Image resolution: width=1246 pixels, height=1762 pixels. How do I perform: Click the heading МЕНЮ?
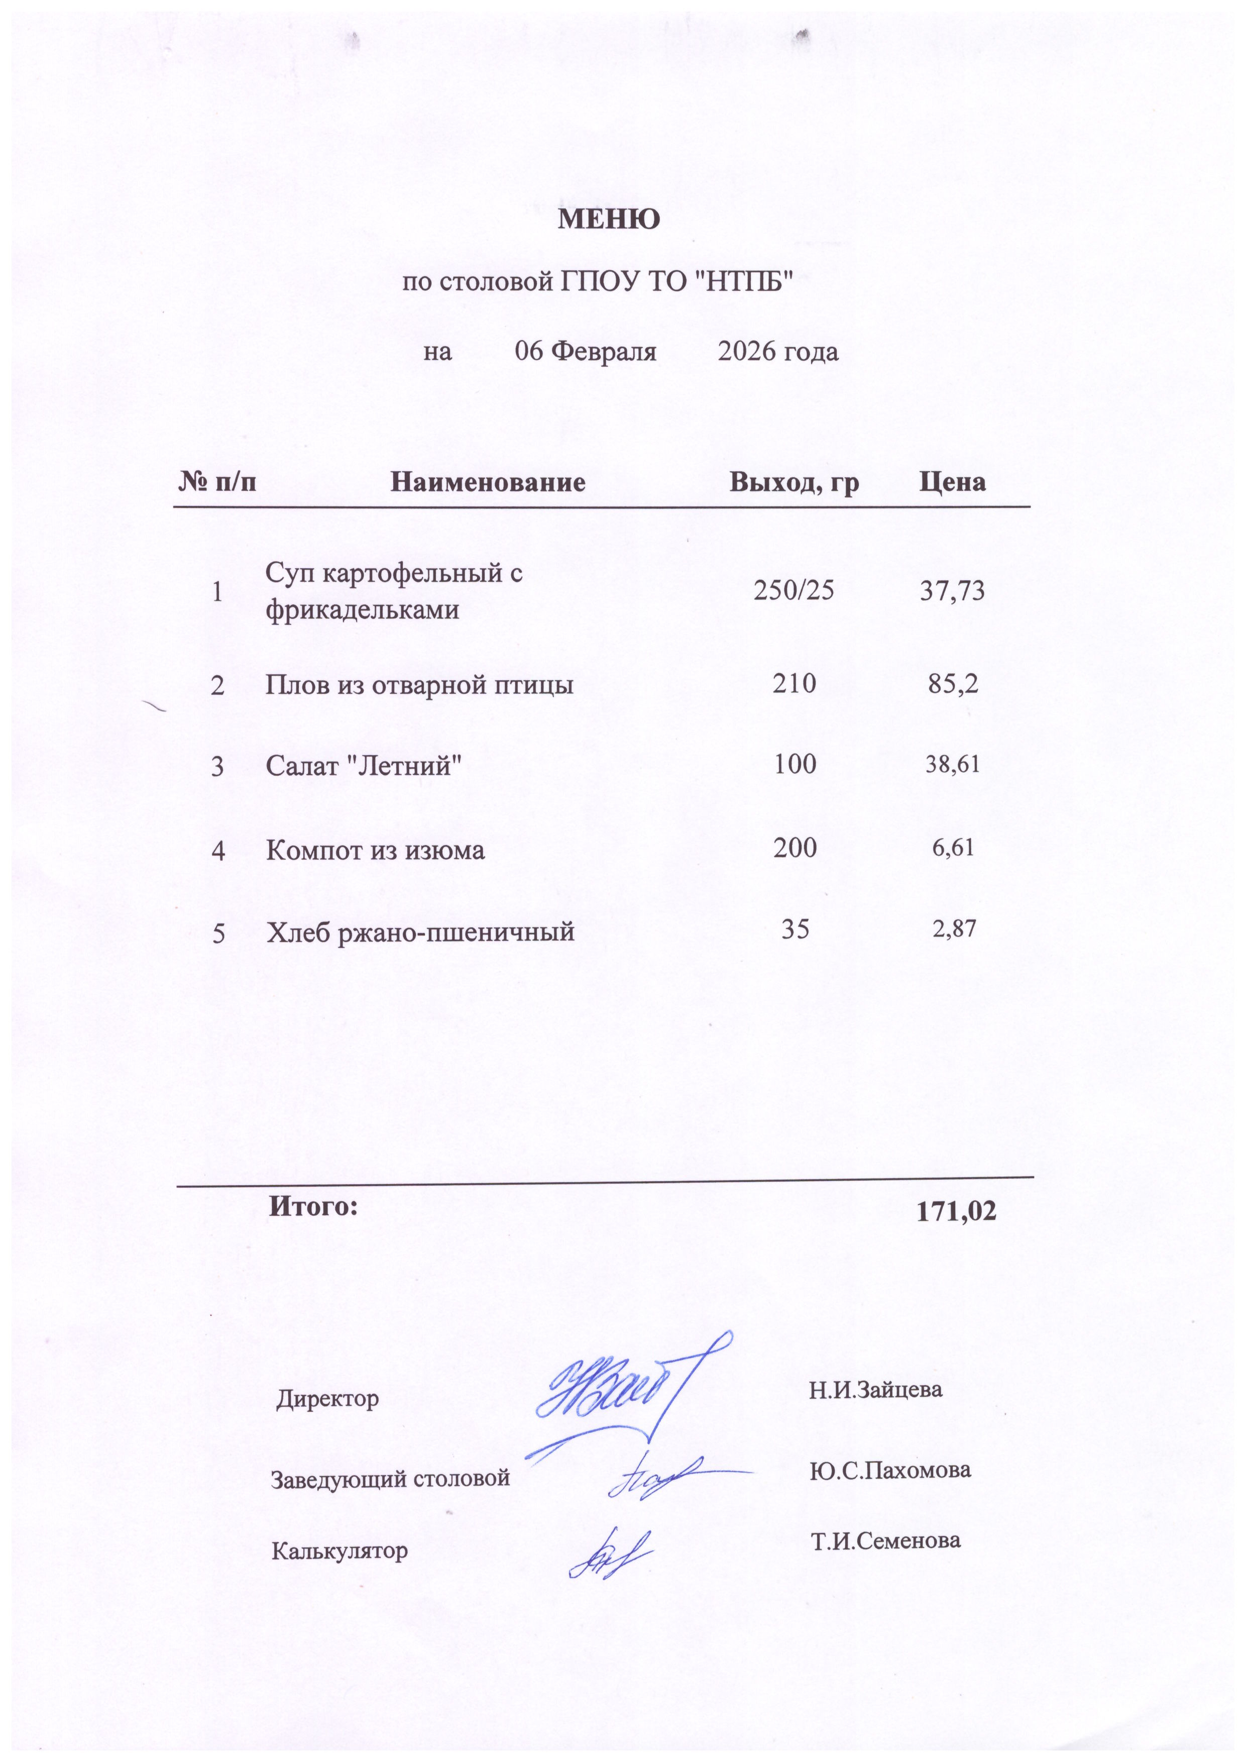pos(608,220)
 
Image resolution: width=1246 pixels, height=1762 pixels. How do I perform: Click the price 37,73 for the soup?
pos(951,591)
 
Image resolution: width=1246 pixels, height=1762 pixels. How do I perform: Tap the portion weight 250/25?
pos(794,590)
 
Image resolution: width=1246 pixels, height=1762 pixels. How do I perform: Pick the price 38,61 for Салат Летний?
pos(952,764)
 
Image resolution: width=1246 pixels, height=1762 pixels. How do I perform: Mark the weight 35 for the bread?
pos(795,930)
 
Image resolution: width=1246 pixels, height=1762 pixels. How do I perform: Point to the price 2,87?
pos(954,930)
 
